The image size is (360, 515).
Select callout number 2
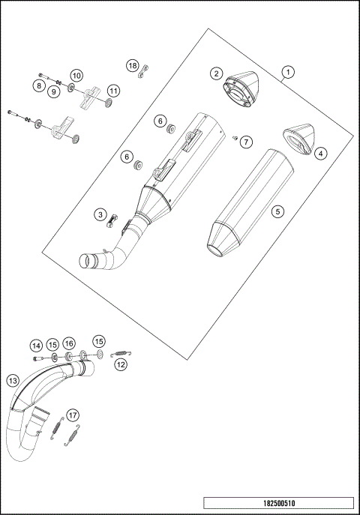click(x=216, y=73)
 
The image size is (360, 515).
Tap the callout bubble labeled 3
click(x=100, y=215)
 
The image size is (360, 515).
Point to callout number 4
click(x=320, y=153)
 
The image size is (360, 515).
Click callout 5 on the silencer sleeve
click(x=277, y=212)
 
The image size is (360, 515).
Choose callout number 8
click(x=38, y=86)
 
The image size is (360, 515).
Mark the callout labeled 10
click(x=76, y=75)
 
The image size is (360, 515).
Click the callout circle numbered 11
click(x=112, y=90)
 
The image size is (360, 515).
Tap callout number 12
click(x=121, y=364)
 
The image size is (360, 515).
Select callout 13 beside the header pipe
click(x=12, y=381)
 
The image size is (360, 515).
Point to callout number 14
click(x=36, y=346)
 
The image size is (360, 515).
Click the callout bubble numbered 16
click(x=69, y=343)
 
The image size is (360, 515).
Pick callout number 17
click(x=72, y=415)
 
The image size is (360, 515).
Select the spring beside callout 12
click(x=121, y=352)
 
